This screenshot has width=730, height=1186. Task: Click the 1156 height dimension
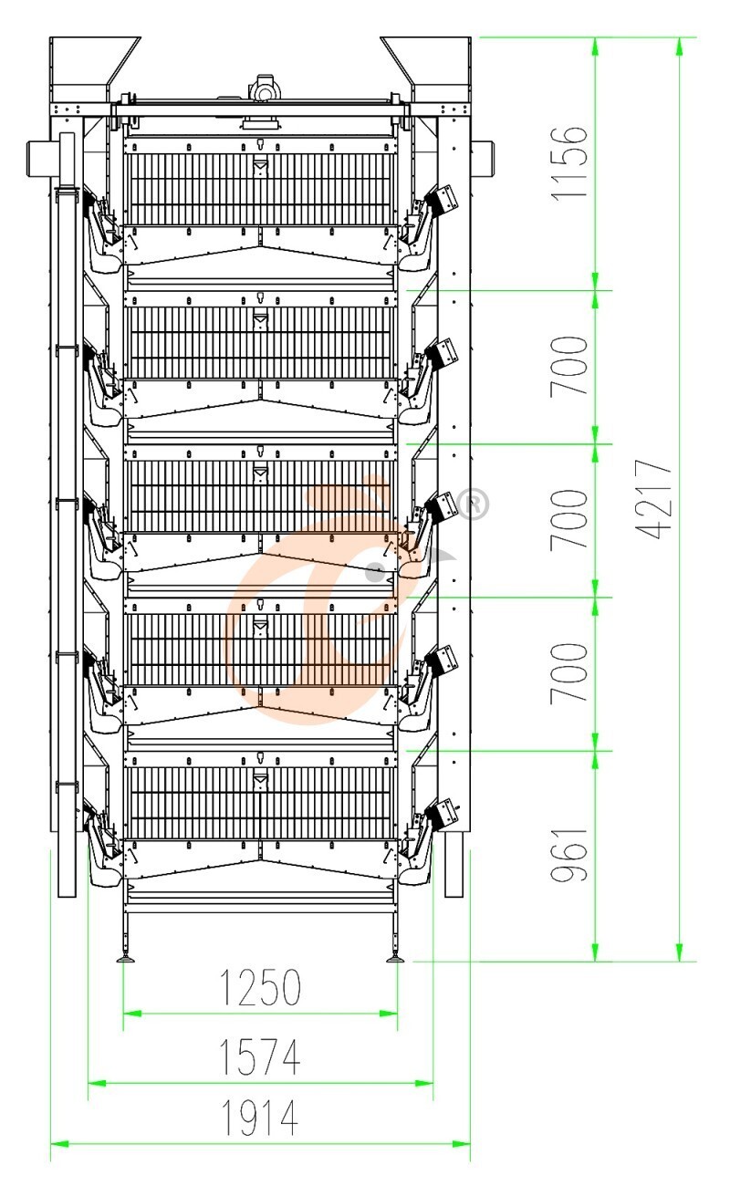569,163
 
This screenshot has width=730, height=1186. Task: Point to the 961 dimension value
569,854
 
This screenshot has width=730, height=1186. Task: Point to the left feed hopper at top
94,69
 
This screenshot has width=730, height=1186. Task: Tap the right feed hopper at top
426,69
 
